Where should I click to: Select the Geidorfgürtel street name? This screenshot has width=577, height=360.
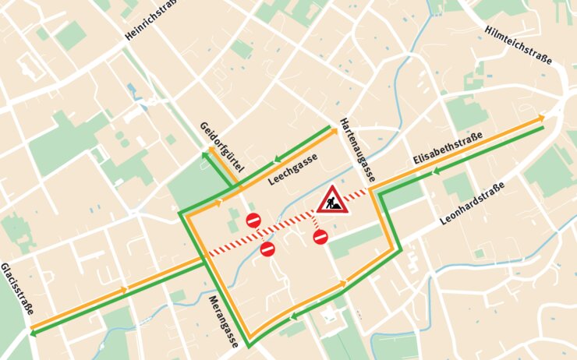click(222, 147)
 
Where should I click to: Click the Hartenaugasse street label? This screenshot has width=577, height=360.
click(357, 150)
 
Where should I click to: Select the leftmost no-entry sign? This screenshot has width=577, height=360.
click(253, 221)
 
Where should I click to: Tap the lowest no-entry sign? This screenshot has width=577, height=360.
click(267, 249)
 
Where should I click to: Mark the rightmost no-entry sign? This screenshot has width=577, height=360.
click(320, 237)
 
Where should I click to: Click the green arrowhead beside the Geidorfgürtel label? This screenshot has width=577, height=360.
click(205, 156)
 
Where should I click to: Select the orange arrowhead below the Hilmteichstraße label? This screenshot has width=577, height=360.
click(540, 119)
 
